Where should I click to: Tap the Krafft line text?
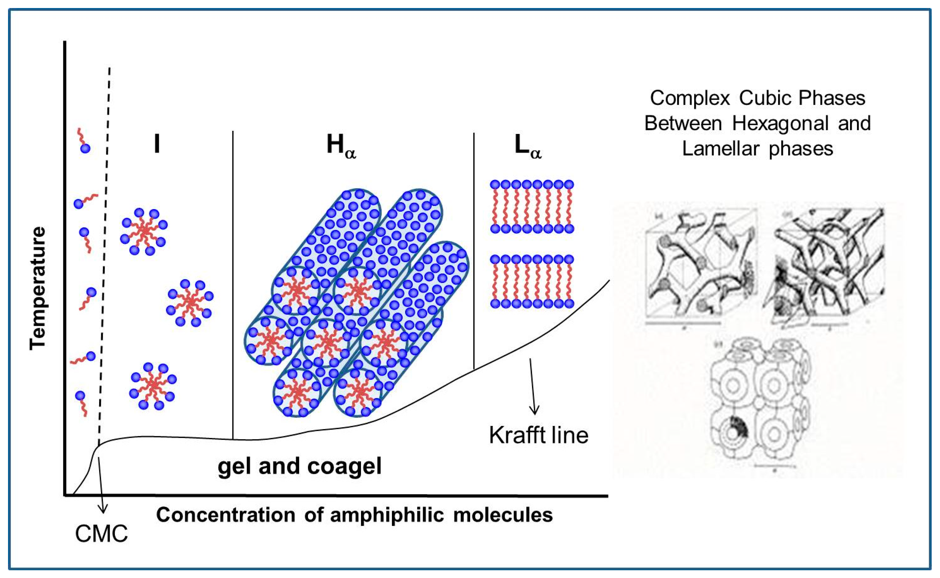coord(538,435)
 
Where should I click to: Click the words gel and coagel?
coord(299,466)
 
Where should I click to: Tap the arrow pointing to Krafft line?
coord(533,386)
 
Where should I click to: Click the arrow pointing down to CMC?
coord(101,485)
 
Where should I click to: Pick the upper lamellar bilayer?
coord(532,207)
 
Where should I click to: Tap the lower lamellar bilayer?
coord(532,281)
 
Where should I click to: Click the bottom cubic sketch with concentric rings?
coord(760,401)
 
